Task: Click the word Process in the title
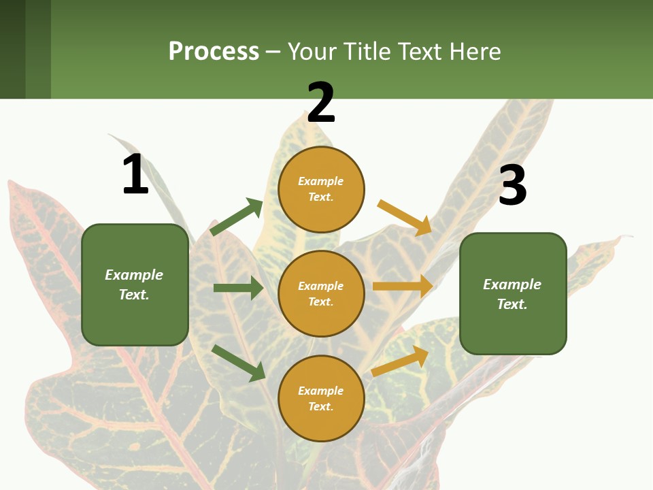tap(214, 51)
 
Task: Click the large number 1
tap(135, 174)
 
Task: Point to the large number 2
tap(321, 103)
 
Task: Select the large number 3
tap(513, 185)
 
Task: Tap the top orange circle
tap(321, 189)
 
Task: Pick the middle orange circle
tap(321, 293)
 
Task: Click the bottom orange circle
tap(321, 398)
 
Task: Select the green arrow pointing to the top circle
tap(237, 218)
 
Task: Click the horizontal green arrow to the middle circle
tap(238, 288)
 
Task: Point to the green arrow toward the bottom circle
tap(239, 363)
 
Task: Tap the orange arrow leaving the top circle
tap(405, 218)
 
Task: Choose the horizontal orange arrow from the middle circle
tap(403, 287)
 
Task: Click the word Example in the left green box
tap(134, 275)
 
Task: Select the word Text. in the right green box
tap(512, 304)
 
